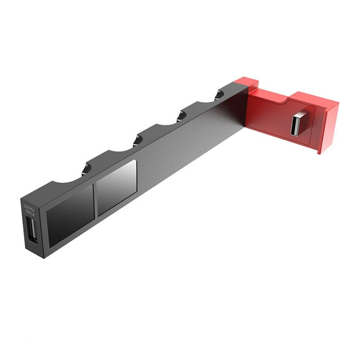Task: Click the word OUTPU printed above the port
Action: point(28,207)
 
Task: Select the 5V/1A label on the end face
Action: point(29,212)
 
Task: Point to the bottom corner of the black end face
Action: point(43,258)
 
